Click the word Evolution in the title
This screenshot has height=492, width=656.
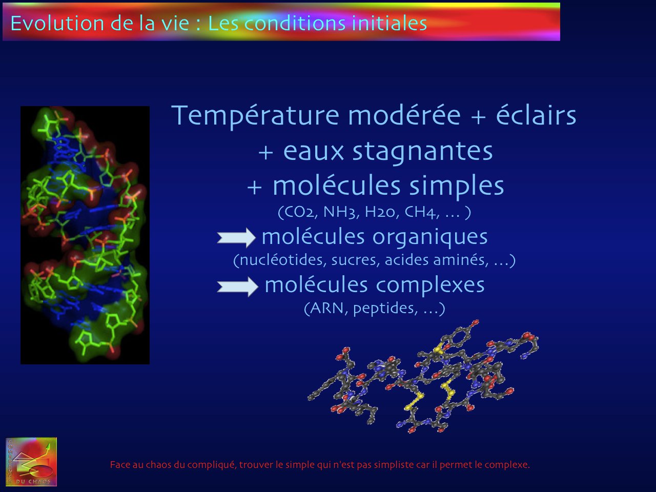tap(57, 23)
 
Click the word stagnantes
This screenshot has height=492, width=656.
tap(423, 152)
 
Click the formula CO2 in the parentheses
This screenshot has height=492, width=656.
tap(298, 212)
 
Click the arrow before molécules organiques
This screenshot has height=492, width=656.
tap(236, 237)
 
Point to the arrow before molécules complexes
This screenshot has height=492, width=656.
tap(238, 286)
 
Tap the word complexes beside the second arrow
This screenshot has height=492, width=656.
tap(430, 286)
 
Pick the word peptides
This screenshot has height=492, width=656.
tap(385, 309)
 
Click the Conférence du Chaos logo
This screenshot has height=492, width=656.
tap(31, 462)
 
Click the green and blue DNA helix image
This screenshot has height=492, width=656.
tap(85, 235)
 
